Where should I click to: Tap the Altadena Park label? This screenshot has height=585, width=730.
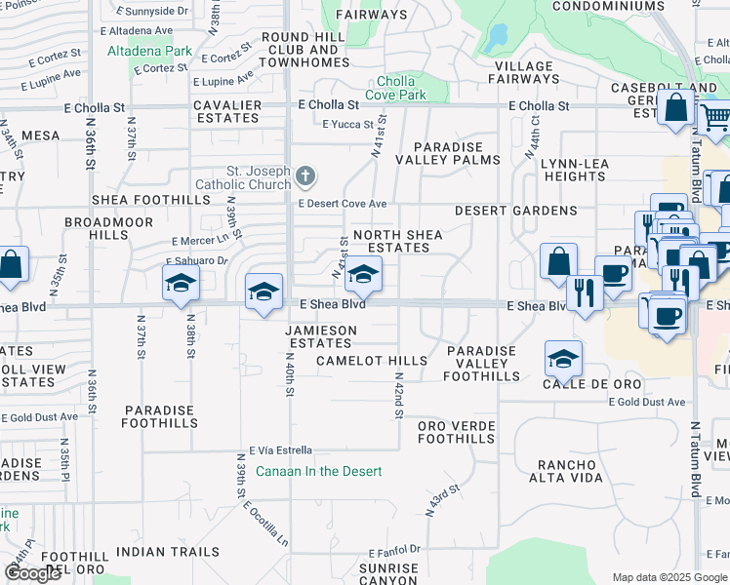coord(149,51)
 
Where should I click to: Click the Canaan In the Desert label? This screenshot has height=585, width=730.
coord(318,471)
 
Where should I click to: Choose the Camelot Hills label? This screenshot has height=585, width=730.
coord(372,361)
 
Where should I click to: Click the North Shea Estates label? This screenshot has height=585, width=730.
coord(397,241)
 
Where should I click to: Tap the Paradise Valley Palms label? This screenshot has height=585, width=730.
coord(448,152)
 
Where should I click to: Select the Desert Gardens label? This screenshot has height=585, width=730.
coord(515,211)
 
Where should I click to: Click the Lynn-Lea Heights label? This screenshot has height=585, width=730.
coord(576,170)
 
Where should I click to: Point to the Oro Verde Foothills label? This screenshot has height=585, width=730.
coord(456,432)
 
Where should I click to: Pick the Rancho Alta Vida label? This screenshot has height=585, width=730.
coord(580,472)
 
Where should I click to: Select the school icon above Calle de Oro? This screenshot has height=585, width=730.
coord(564,358)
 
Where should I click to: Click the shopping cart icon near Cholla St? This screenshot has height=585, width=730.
coord(716,117)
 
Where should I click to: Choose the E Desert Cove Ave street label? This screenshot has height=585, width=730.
coord(343,204)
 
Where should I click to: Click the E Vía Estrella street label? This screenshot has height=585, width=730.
coord(280,450)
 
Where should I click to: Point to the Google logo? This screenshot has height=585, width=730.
coord(32,573)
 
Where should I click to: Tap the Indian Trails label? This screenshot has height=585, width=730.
coord(168,552)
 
